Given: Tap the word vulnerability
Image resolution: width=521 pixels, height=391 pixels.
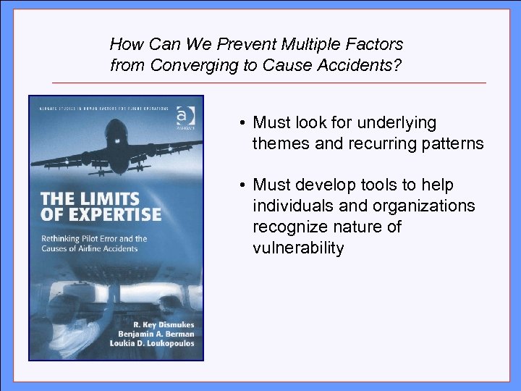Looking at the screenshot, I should (298, 248).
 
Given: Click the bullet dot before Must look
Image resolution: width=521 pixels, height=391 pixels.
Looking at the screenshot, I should (243, 123).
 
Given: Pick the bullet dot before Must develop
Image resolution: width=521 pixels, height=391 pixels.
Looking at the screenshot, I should (243, 186).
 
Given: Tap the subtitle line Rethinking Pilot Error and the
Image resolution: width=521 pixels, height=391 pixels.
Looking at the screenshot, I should (94, 238).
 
